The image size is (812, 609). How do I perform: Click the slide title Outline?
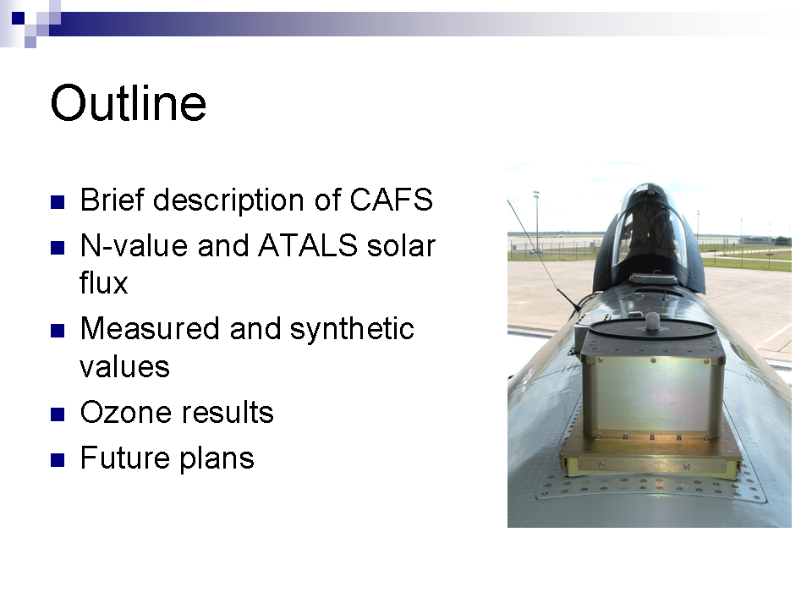[x=129, y=103]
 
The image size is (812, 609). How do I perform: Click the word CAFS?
[x=391, y=200]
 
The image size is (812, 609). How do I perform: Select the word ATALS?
[x=308, y=245]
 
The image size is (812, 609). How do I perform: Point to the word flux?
[x=103, y=283]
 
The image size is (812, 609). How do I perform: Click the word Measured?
[x=151, y=329]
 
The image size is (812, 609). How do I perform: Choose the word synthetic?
[x=352, y=330]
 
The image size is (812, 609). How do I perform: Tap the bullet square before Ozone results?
[x=58, y=414]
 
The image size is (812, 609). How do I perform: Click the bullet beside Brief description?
[x=58, y=201]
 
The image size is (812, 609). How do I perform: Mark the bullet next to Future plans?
[x=58, y=460]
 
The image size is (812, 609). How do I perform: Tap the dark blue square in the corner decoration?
[x=18, y=18]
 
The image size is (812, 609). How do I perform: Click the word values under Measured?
[x=125, y=367]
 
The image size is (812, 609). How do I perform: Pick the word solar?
[x=401, y=245]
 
